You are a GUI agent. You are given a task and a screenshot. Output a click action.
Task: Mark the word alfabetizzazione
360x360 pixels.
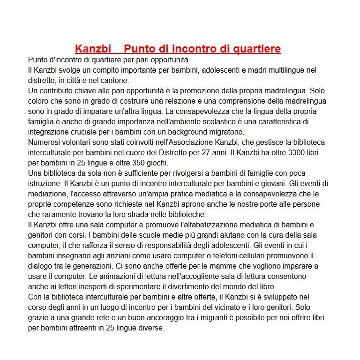tap(214, 225)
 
